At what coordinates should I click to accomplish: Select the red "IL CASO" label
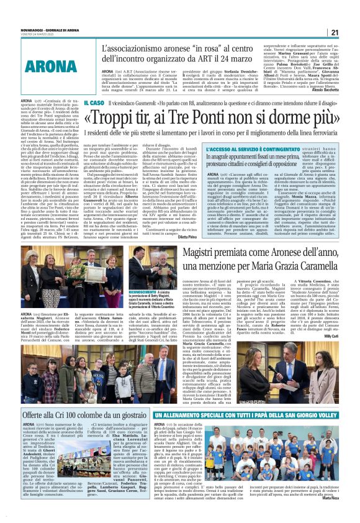click(x=94, y=102)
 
